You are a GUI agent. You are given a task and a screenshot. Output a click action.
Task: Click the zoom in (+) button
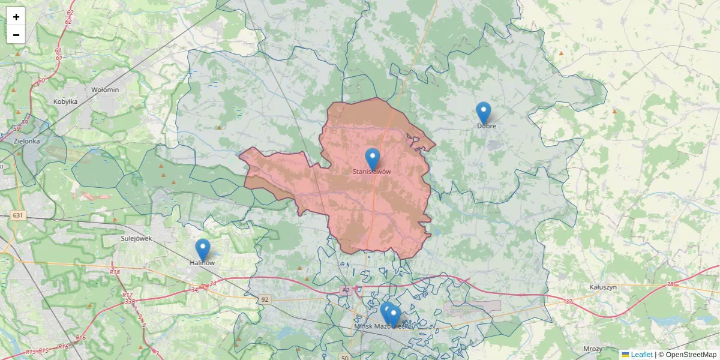point(16,17)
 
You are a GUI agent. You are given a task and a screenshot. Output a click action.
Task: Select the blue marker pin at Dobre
point(484,113)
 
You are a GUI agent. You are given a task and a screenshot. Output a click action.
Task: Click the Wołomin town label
point(105,89)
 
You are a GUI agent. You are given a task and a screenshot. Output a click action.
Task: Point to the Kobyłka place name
point(65,101)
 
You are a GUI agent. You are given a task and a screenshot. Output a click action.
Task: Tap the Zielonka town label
point(26,141)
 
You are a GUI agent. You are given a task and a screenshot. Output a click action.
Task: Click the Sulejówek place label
point(136,238)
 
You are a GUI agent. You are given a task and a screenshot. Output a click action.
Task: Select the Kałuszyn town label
point(603,287)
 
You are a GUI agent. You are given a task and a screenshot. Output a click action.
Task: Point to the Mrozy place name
point(593,349)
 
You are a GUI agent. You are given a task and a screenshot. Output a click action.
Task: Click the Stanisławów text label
point(372,172)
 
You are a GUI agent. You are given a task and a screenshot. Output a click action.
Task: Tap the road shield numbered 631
point(17,215)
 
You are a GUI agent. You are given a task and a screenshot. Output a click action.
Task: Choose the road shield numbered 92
point(265,299)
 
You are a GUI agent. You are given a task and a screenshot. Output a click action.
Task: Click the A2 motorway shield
point(345,290)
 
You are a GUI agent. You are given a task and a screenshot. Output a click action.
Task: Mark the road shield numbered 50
point(344,357)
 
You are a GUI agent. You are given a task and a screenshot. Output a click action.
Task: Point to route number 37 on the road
point(569,301)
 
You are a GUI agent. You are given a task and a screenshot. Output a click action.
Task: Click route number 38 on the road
point(670,284)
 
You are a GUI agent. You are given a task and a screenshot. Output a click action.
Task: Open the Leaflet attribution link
point(641,355)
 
